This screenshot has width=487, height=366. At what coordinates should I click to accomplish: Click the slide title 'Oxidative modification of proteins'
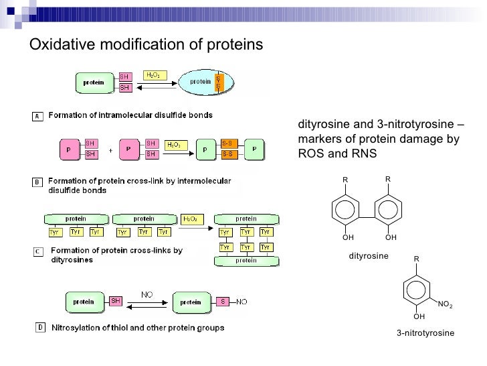147,44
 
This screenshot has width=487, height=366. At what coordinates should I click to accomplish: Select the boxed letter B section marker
38,182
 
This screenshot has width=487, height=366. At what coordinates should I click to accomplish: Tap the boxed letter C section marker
38,253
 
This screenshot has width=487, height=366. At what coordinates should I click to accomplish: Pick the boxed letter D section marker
39,328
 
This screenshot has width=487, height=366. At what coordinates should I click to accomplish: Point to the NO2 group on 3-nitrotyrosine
444,304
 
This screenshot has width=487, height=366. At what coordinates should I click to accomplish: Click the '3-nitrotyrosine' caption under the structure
425,333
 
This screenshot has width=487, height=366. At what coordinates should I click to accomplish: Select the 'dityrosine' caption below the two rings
369,256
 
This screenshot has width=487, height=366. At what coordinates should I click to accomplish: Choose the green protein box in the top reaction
94,82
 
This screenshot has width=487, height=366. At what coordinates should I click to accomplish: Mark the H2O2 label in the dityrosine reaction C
189,219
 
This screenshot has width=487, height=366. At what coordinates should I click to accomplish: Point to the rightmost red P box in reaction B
254,149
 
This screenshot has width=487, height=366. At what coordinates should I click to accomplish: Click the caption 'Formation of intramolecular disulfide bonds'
130,115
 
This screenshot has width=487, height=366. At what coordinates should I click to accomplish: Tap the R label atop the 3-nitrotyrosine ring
416,259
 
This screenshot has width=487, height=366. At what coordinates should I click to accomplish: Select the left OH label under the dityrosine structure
347,237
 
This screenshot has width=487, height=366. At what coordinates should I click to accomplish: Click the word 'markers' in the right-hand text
318,139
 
